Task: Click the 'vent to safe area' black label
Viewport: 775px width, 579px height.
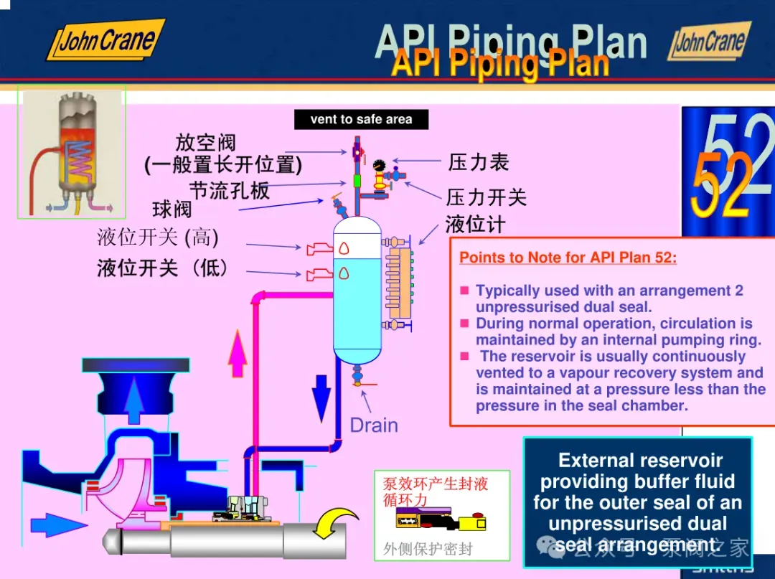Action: pos(361,120)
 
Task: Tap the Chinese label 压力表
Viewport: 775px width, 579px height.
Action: pos(479,162)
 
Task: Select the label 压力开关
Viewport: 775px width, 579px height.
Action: pos(487,197)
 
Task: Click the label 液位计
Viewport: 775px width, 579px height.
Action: pos(475,225)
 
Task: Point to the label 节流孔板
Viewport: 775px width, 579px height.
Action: pos(230,190)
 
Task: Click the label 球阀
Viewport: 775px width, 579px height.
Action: pos(172,210)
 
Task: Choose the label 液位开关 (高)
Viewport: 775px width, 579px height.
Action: pos(158,237)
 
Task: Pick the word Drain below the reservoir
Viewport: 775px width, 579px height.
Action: pos(373,425)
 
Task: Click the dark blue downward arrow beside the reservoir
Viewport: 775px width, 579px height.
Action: pos(321,391)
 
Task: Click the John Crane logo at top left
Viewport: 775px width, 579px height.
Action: pos(106,39)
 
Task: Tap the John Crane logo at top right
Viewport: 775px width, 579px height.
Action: pos(710,41)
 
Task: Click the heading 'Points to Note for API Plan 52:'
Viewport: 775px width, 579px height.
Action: pos(568,258)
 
